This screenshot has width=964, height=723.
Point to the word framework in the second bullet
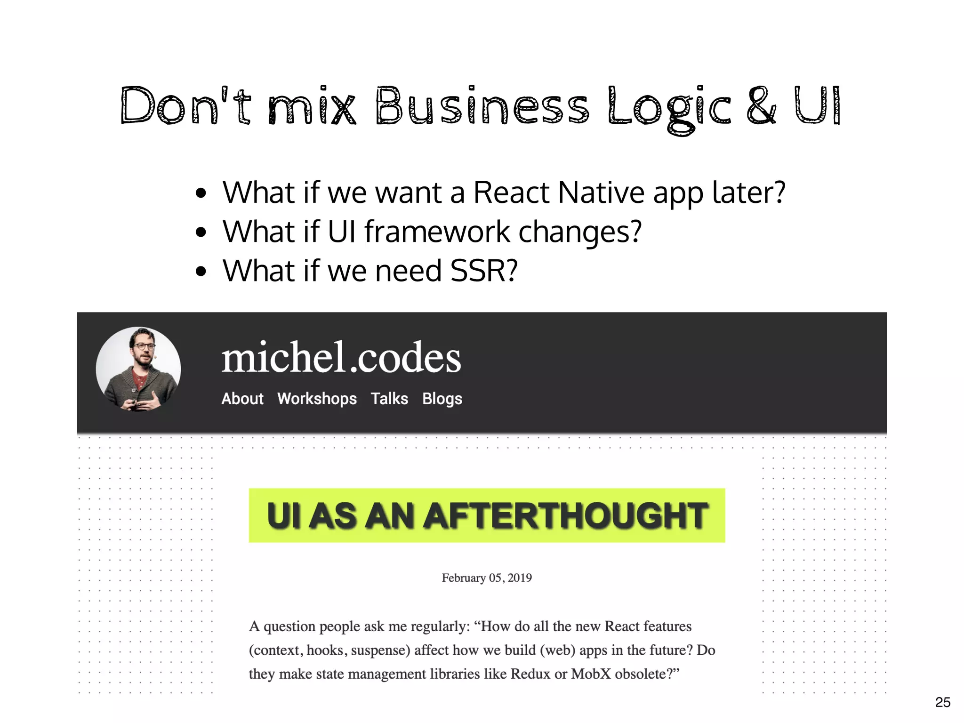437,232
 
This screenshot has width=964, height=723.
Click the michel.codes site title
341,358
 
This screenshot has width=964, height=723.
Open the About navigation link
242,399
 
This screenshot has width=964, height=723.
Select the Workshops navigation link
317,399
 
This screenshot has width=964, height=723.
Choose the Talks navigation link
389,399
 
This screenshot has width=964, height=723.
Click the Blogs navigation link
442,399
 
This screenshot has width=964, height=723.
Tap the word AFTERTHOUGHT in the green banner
566,516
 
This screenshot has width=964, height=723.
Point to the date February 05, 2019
487,578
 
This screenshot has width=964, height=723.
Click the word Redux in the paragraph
530,674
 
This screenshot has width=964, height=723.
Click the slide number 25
942,702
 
